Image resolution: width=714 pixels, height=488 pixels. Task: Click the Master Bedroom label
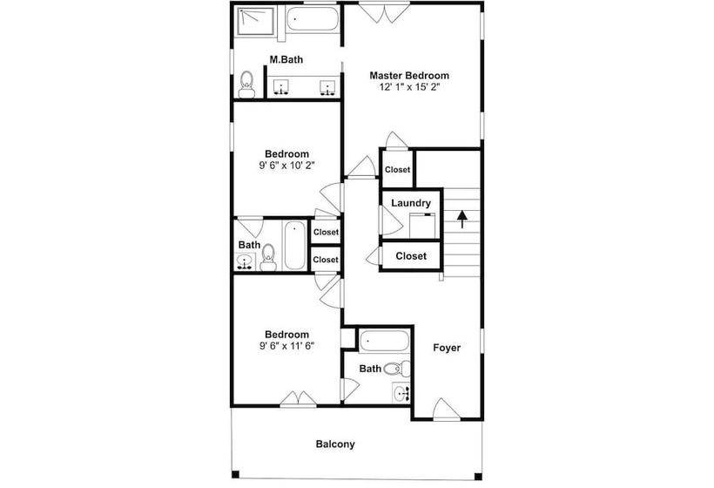pyautogui.click(x=409, y=76)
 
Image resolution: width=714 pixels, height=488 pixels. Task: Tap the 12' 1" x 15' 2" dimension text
pyautogui.click(x=409, y=87)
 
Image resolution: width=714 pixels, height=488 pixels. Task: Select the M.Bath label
pyautogui.click(x=286, y=59)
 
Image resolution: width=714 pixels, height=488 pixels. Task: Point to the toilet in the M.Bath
pyautogui.click(x=246, y=85)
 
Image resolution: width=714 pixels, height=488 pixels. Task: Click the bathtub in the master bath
pyautogui.click(x=313, y=19)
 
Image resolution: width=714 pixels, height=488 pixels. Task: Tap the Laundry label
pyautogui.click(x=411, y=203)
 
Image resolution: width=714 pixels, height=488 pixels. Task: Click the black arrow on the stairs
pyautogui.click(x=462, y=219)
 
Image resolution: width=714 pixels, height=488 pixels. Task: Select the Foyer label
pyautogui.click(x=447, y=348)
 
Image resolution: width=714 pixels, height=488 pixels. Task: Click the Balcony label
pyautogui.click(x=335, y=444)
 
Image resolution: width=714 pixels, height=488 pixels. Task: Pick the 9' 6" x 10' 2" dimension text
pyautogui.click(x=286, y=166)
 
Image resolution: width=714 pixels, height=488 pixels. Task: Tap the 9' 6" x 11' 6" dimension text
pyautogui.click(x=286, y=346)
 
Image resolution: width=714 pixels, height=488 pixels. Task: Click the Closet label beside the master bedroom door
pyautogui.click(x=398, y=170)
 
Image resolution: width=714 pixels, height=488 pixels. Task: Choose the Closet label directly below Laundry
pyautogui.click(x=411, y=256)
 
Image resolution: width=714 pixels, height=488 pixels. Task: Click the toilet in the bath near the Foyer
pyautogui.click(x=397, y=368)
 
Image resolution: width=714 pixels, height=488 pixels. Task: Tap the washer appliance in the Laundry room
pyautogui.click(x=422, y=226)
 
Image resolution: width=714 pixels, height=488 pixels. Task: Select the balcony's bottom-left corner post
pyautogui.click(x=235, y=474)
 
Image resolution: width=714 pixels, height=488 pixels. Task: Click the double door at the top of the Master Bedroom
pyautogui.click(x=384, y=13)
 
